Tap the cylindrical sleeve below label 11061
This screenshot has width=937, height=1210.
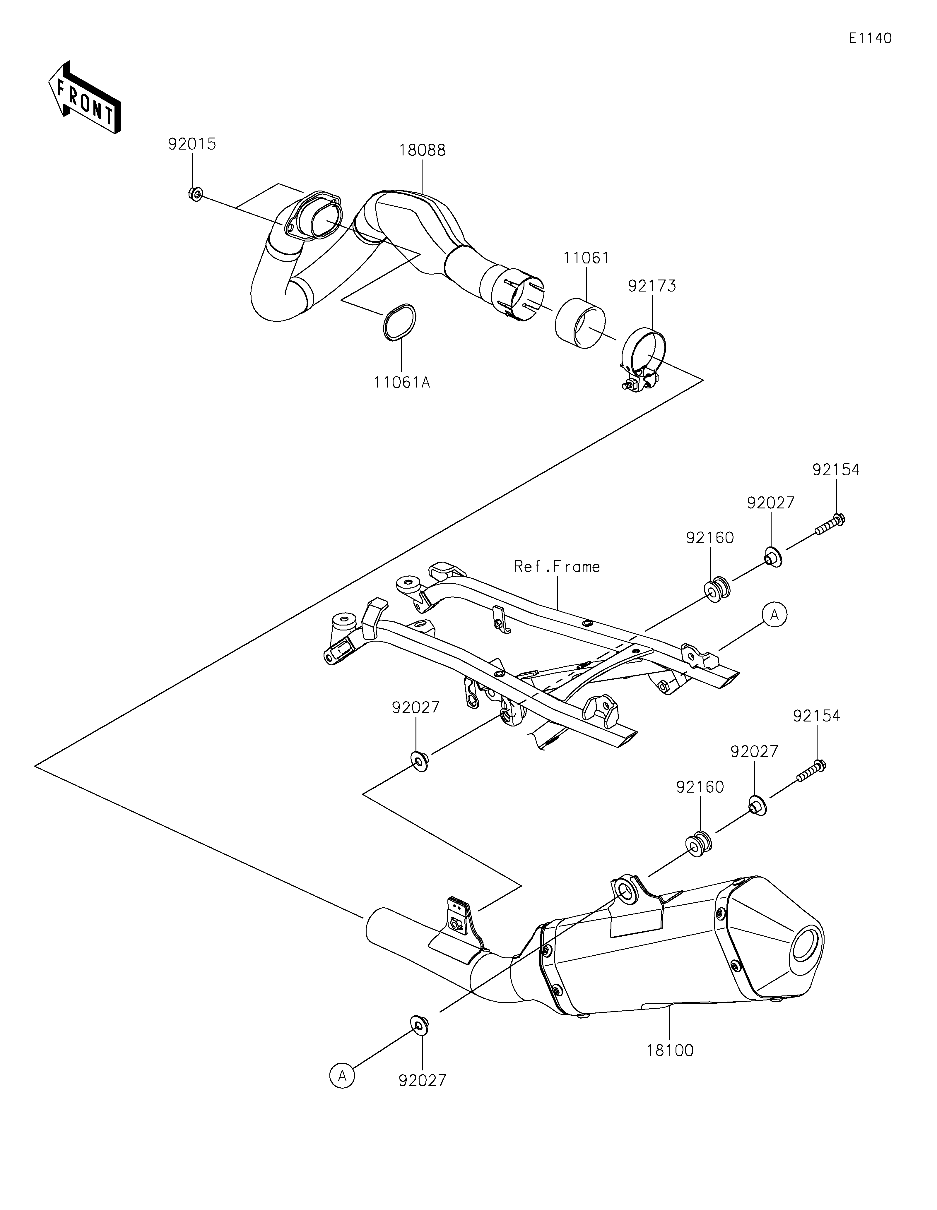580,324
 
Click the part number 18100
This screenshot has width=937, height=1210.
669,1050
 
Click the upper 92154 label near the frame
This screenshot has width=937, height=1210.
836,470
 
